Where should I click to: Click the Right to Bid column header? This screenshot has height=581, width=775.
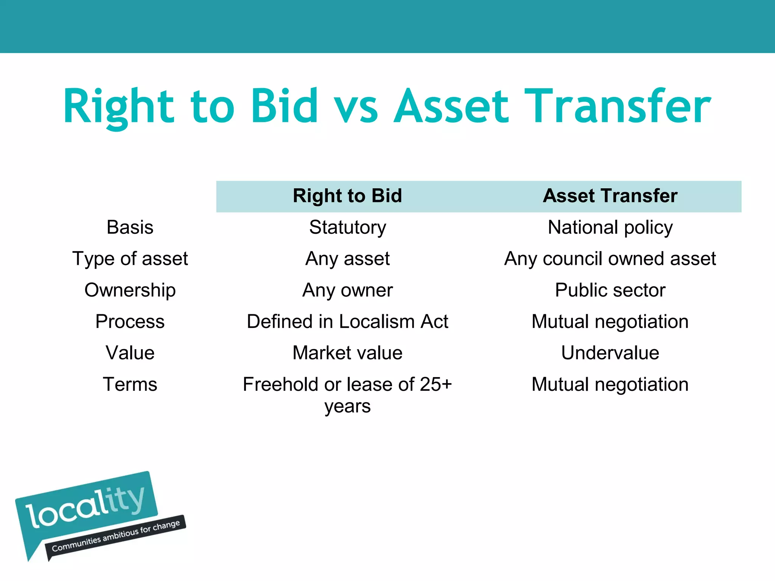347,196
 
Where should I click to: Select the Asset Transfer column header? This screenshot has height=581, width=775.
610,196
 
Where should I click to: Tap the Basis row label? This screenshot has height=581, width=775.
130,227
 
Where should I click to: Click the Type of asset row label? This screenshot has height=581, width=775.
130,259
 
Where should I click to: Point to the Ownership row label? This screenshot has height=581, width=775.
130,290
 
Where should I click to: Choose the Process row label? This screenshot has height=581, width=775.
130,322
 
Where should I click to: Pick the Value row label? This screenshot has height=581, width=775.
130,353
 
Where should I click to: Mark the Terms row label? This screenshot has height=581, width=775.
130,384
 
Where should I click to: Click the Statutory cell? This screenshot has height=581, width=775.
347,227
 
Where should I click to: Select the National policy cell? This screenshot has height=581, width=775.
610,227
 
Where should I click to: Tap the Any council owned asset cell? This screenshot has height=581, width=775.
610,259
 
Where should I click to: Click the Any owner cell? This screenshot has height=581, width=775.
347,290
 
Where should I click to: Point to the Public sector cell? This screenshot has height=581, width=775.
610,290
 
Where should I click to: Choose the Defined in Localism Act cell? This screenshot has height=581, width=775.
347,322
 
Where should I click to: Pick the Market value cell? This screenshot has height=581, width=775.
347,353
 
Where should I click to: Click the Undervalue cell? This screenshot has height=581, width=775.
610,353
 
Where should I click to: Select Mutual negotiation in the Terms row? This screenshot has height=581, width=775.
610,384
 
